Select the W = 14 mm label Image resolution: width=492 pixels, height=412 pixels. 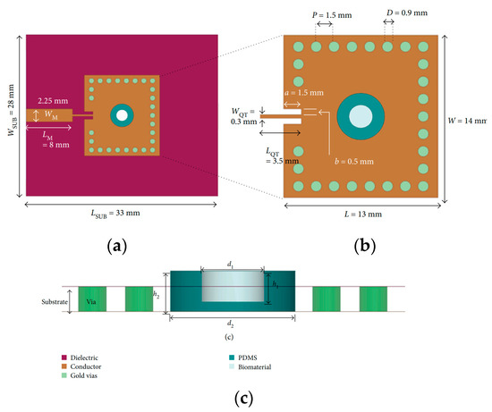(468, 120)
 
